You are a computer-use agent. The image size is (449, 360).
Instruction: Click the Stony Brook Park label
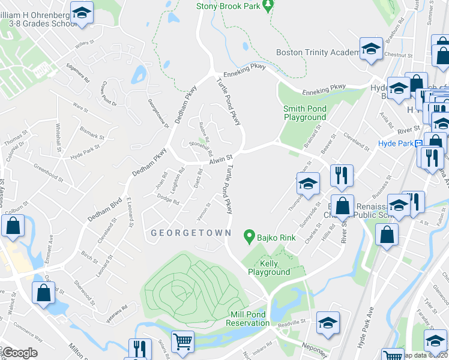(230, 7)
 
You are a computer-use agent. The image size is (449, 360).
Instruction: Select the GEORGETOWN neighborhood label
(182, 232)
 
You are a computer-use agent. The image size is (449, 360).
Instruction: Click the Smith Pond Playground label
(305, 113)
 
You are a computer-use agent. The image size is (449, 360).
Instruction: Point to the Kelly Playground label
(270, 268)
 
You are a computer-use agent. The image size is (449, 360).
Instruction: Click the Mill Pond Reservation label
(248, 319)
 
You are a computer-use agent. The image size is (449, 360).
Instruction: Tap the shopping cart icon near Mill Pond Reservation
(182, 341)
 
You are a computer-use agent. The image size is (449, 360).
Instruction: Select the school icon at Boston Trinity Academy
(371, 47)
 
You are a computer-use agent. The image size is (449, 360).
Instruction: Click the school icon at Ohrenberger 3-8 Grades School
(81, 12)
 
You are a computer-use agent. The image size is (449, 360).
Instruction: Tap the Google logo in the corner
(20, 352)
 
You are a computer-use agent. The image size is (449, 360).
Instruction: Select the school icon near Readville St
(328, 322)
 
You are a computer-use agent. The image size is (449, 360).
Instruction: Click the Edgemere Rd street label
(78, 71)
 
